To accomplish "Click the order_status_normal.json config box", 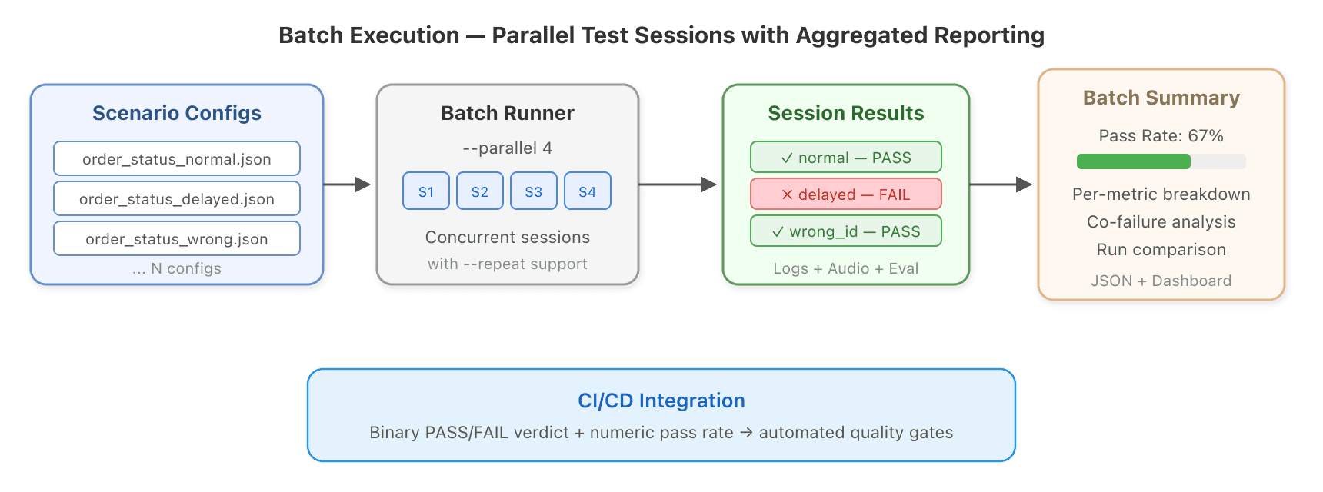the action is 177,158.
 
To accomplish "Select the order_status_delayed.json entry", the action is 177,198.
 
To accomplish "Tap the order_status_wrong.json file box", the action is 177,238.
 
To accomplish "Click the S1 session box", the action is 426,191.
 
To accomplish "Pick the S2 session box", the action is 480,191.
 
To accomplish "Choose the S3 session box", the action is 534,191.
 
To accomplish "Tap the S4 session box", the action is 588,191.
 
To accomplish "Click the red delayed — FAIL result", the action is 846,194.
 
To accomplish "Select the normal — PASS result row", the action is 846,157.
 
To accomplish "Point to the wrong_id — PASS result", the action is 846,231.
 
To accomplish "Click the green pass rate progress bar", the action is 1134,161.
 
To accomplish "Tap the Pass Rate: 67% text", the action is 1161,136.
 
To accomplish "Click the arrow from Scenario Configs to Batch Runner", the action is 347,184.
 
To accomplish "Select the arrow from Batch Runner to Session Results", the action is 678,184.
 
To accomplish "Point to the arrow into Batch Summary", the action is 1001,184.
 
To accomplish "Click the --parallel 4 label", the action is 508,148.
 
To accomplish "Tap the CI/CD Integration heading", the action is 661,401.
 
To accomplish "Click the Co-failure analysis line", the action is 1161,222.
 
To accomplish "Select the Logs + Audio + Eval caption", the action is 846,268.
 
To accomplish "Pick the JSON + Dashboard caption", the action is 1161,281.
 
